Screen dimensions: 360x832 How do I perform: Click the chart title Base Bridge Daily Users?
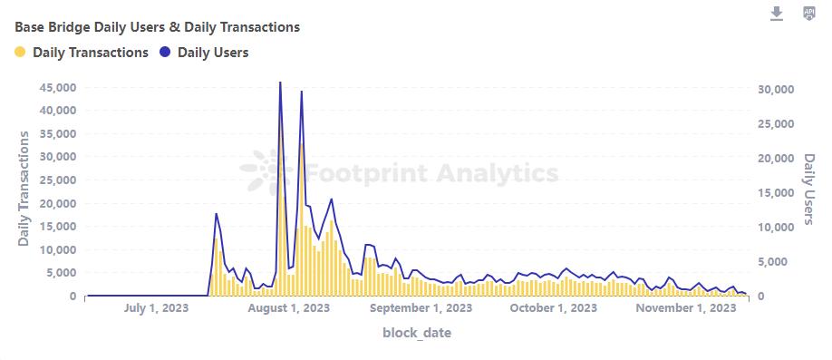157,27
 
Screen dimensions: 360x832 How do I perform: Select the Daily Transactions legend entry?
90,53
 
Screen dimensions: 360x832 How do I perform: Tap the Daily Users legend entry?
212,53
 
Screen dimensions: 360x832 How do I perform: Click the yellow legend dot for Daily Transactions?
21,53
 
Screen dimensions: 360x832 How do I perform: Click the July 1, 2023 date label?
156,308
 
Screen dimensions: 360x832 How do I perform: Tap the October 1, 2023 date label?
553,308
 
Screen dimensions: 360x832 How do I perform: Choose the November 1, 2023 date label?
684,308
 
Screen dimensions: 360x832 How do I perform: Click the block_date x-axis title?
417,333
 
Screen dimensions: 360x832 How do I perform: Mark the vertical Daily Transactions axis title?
24,189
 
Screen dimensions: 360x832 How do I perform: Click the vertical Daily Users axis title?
809,189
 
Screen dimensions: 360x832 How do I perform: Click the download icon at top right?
777,14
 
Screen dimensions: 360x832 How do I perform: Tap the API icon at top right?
809,14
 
